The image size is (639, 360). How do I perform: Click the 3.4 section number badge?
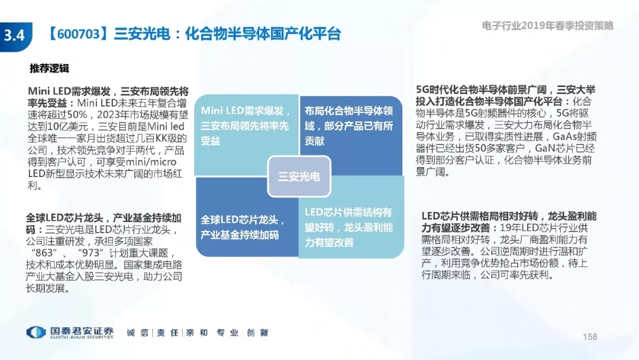click(x=15, y=36)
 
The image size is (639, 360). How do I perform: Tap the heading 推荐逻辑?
click(x=49, y=68)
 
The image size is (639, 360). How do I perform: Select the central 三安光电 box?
click(x=299, y=176)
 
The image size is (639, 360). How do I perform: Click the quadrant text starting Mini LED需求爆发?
click(x=246, y=126)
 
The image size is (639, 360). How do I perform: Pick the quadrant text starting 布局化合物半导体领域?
click(x=349, y=126)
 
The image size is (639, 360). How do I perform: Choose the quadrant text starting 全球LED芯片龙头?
click(x=243, y=227)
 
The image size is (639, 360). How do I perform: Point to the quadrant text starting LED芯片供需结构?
click(x=349, y=227)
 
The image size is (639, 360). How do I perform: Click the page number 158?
click(x=590, y=337)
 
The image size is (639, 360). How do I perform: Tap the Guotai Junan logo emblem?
click(x=36, y=333)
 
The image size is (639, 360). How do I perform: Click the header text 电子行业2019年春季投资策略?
click(x=548, y=25)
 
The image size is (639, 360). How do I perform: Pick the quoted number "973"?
click(x=91, y=253)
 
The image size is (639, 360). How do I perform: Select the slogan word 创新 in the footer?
click(x=257, y=333)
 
